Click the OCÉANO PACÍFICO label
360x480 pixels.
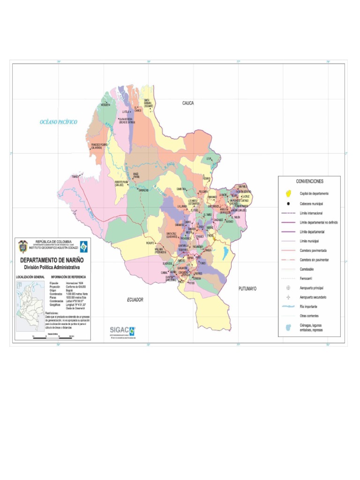click(x=58, y=122)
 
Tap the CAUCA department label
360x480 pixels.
click(x=188, y=103)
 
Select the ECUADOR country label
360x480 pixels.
click(x=135, y=300)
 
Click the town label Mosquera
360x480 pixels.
click(x=106, y=105)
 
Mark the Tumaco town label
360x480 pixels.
click(x=75, y=177)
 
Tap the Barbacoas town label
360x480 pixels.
click(x=143, y=190)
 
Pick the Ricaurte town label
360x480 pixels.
click(x=150, y=243)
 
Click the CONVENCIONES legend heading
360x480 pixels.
click(x=309, y=181)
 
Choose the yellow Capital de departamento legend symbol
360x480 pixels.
click(x=288, y=194)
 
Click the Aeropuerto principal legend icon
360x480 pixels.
click(x=288, y=287)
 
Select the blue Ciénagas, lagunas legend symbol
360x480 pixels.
click(x=288, y=327)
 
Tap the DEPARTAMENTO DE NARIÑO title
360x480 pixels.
click(x=52, y=260)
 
